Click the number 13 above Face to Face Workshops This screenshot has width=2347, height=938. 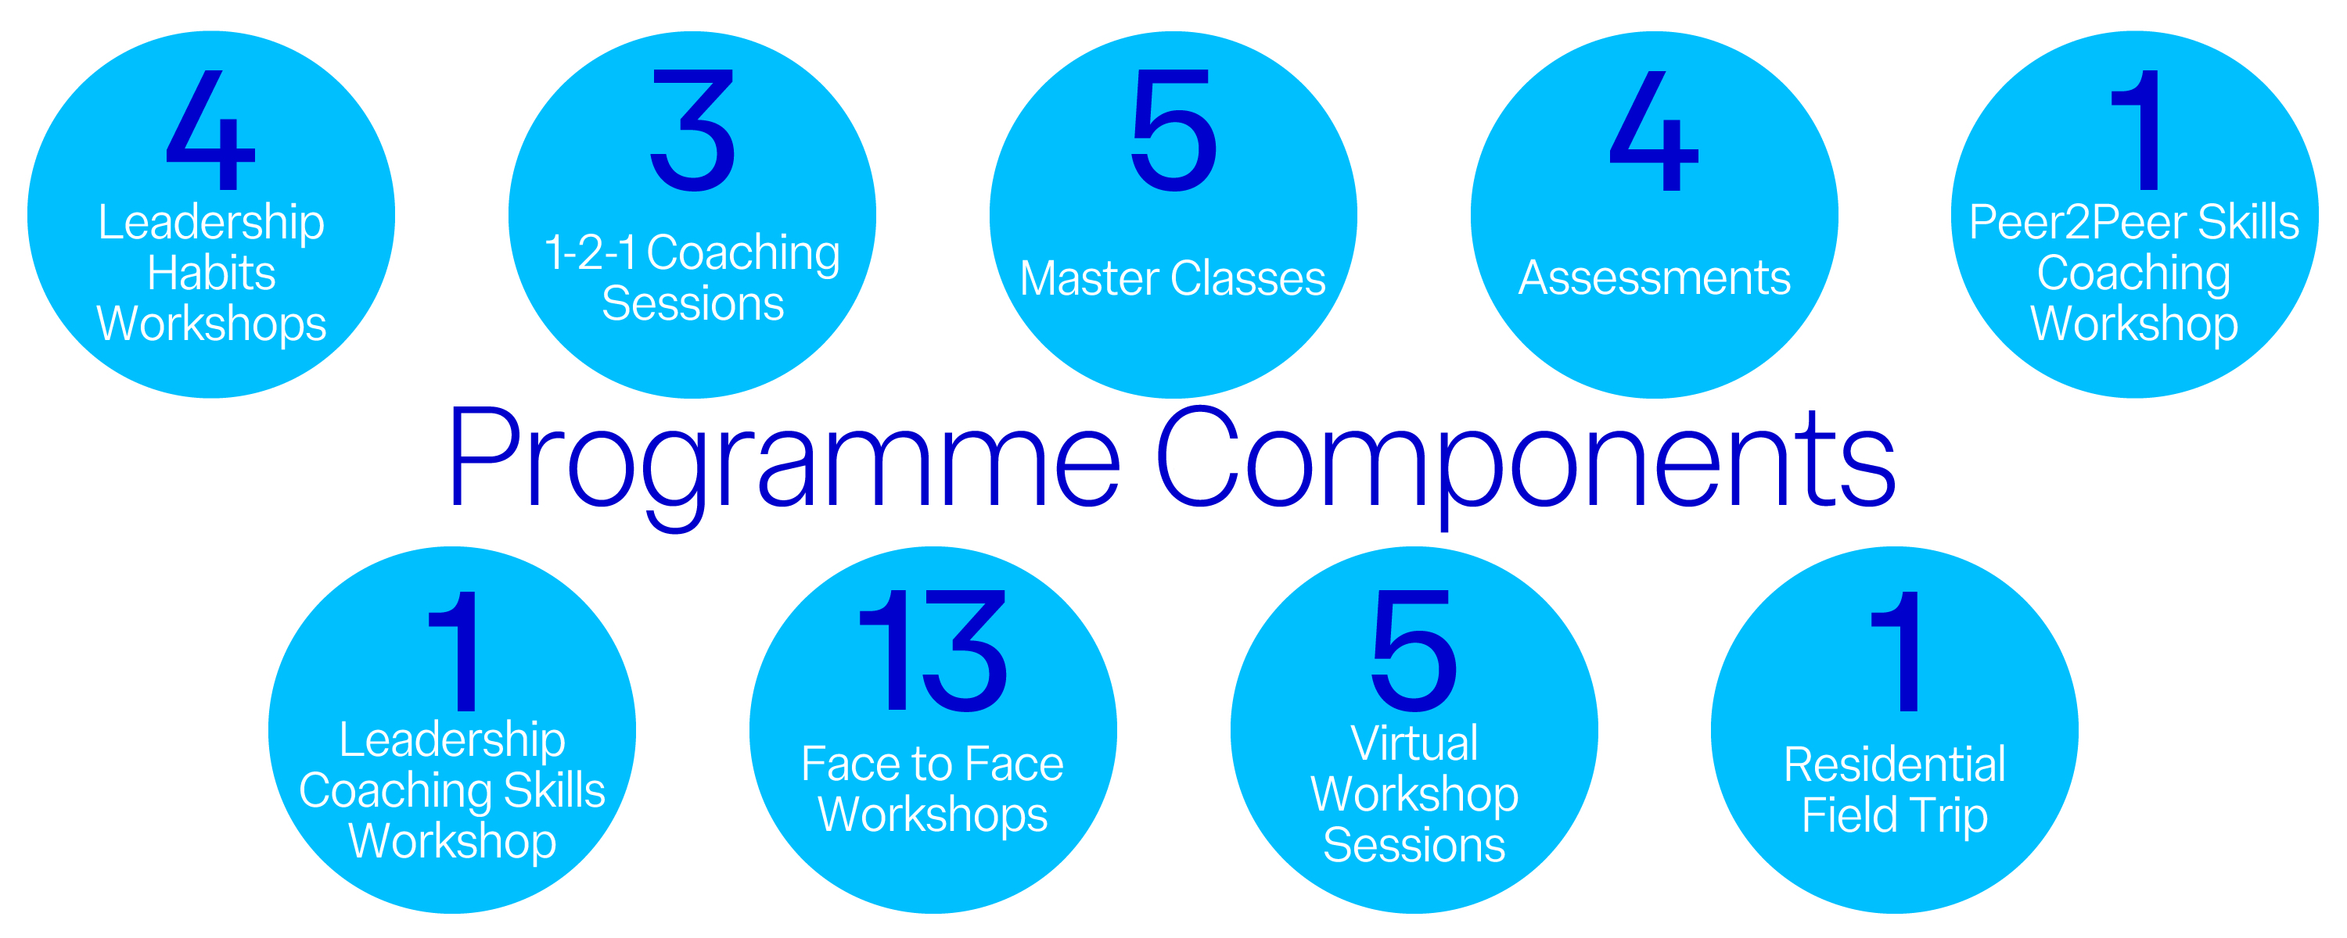coord(933,650)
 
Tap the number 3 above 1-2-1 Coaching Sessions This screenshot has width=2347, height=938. coord(692,131)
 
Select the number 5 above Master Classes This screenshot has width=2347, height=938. coord(1173,131)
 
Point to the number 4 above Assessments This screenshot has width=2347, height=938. coord(1654,131)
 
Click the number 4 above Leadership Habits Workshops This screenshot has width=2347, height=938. coord(210,131)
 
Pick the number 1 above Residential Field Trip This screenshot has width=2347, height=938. coord(1897,650)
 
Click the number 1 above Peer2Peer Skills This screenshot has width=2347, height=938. coord(2137,131)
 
